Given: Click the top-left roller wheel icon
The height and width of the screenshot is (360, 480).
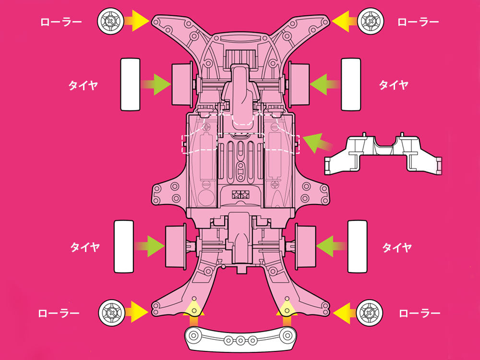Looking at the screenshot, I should pos(110,21).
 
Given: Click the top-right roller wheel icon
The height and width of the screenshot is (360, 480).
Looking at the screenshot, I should pos(370,21).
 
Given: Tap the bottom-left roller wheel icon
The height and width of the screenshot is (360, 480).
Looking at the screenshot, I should pos(111,312).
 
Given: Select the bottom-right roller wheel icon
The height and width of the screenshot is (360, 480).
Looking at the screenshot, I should pos(370,312).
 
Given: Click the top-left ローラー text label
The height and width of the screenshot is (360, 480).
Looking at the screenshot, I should pos(61,22).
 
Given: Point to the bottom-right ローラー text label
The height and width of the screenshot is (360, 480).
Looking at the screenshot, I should pos(420,313).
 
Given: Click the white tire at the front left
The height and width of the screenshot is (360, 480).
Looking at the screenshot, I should pos(130,84).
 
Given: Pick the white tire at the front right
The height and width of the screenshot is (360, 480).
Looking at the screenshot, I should pos(351,84).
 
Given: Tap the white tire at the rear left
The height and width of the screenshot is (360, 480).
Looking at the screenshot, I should pos(123,246).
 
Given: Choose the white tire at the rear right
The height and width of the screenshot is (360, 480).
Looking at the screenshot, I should pos(358,246).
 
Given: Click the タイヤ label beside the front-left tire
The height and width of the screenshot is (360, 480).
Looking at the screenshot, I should pos(83,85).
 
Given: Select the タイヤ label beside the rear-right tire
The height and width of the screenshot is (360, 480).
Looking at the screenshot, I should pos(397,248).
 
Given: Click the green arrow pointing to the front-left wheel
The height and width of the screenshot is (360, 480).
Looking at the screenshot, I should pos(157,85).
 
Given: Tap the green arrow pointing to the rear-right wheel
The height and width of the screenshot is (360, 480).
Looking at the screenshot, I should pos(329,246).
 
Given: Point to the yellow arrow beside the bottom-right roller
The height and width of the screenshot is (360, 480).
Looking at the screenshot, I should pos(345,313).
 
